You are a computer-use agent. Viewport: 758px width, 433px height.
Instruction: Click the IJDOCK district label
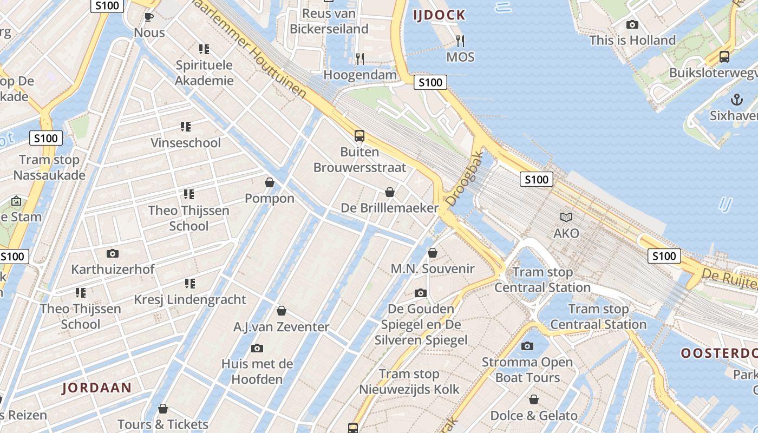[439, 15]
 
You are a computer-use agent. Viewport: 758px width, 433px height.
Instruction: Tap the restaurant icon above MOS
[460, 41]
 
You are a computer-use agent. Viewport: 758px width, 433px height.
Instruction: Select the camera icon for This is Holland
[632, 24]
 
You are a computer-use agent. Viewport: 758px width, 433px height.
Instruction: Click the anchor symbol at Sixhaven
[736, 99]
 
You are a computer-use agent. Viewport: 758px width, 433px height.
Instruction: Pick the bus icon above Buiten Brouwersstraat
[359, 136]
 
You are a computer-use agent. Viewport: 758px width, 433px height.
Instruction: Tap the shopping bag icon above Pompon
[269, 182]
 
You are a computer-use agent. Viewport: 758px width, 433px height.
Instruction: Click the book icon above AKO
[566, 217]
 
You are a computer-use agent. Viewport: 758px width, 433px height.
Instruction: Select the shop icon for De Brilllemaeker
[389, 192]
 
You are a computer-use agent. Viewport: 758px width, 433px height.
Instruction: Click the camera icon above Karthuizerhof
[113, 253]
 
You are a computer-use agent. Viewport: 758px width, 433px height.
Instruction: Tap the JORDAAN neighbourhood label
[97, 388]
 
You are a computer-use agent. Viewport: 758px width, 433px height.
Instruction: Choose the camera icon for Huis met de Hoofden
[257, 348]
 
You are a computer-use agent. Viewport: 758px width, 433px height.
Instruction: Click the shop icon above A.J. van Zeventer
[281, 311]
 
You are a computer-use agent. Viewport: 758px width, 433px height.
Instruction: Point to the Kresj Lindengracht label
[190, 299]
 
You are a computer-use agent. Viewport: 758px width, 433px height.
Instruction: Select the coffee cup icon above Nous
[149, 17]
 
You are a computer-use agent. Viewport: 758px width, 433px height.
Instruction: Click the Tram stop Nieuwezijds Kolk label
[409, 382]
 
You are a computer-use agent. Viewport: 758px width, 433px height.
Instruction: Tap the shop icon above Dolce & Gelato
[534, 399]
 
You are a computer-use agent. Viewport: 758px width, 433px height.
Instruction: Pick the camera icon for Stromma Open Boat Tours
[527, 346]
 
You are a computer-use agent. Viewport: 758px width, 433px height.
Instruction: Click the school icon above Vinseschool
[186, 127]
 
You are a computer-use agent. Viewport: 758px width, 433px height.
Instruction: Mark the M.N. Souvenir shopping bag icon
[432, 253]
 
